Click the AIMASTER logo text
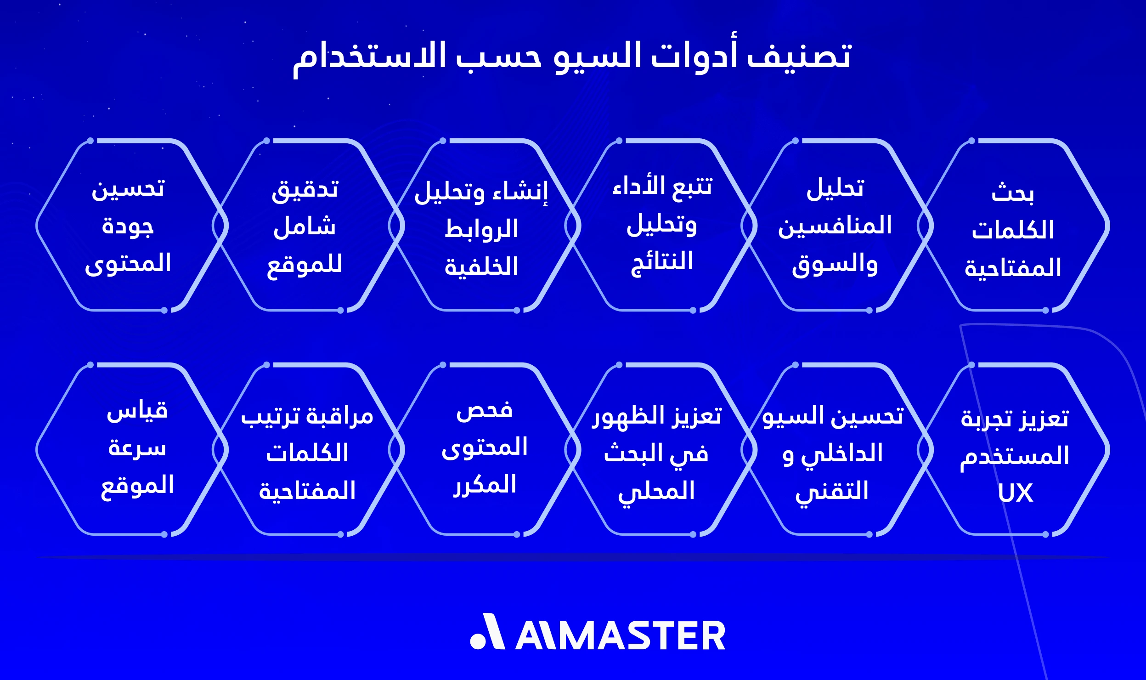[x=620, y=636]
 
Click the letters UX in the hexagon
[x=1015, y=493]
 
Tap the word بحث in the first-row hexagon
[x=1012, y=193]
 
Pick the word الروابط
[x=481, y=229]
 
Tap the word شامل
[x=305, y=227]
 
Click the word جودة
[x=128, y=227]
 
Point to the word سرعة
[x=137, y=448]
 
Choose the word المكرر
[x=484, y=485]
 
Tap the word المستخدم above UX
[x=1015, y=456]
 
